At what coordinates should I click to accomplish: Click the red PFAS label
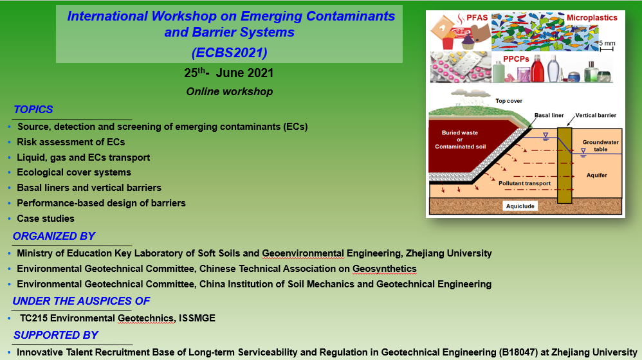[x=477, y=17]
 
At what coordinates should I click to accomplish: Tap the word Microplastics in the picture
[x=592, y=17]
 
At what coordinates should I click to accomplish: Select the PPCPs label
[x=516, y=59]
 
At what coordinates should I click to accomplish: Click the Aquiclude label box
[x=520, y=206]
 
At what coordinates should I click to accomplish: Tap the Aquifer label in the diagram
[x=596, y=175]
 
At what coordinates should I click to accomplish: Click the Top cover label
[x=509, y=101]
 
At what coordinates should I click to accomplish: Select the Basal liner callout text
[x=549, y=115]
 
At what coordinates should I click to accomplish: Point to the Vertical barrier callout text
[x=596, y=115]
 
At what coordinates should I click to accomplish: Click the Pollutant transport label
[x=524, y=183]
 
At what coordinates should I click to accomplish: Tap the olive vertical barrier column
[x=565, y=165]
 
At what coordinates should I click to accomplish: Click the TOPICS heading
[x=33, y=110]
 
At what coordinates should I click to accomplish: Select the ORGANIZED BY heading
[x=53, y=236]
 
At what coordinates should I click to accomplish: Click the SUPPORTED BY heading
[x=56, y=335]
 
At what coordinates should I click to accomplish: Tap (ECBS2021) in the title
[x=229, y=52]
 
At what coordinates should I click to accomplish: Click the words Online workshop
[x=229, y=92]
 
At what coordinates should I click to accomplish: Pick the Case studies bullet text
[x=46, y=219]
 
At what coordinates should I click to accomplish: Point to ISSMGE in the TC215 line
[x=197, y=318]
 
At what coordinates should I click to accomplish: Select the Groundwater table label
[x=601, y=146]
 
